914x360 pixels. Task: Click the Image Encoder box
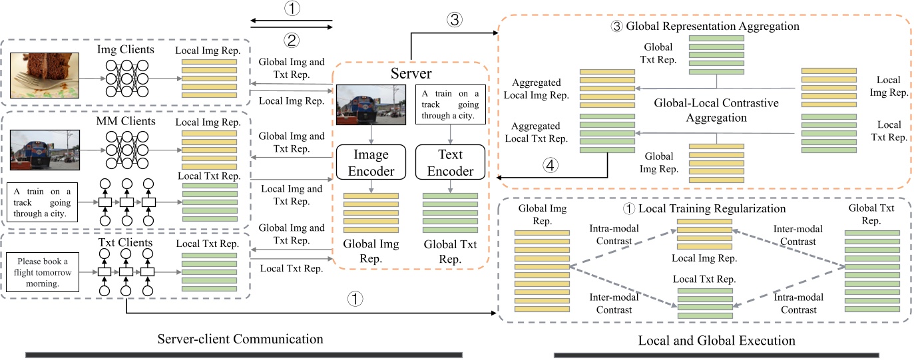(370, 163)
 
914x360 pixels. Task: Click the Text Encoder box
(446, 163)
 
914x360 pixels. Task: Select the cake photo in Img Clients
(45, 75)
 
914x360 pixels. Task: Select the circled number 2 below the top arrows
(291, 40)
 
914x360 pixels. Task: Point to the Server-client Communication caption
(240, 339)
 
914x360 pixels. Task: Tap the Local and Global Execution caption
(716, 340)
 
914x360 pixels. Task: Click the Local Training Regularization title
(704, 208)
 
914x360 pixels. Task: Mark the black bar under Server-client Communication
(244, 355)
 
